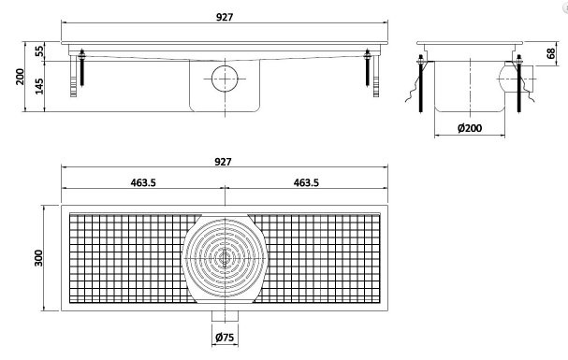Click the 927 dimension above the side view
225,17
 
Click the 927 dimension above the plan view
223,162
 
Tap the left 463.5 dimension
143,182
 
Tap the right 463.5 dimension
306,182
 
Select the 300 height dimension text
38,258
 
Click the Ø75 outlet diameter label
225,338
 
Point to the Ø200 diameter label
470,128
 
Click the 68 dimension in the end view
550,53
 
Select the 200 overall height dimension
20,77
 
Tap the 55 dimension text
39,51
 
